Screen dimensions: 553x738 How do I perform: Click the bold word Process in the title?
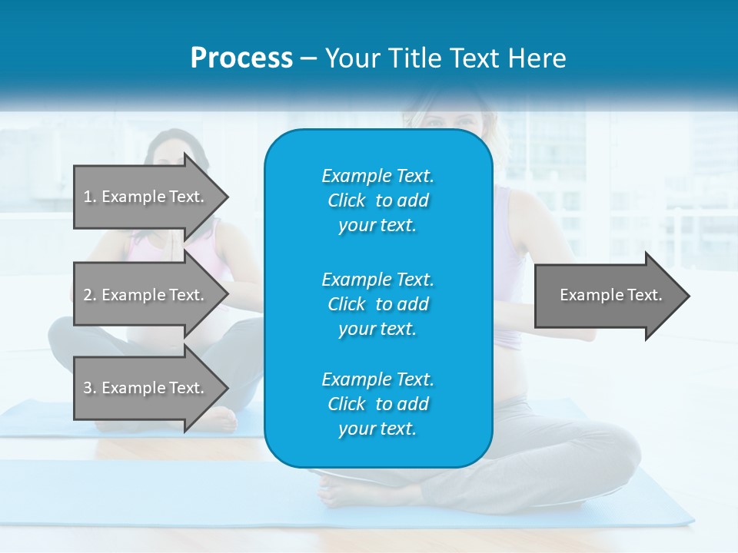tap(241, 58)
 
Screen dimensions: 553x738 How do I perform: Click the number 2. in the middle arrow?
tap(89, 295)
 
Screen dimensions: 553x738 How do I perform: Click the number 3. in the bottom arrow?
tap(89, 388)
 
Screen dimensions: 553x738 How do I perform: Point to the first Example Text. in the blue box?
tap(377, 176)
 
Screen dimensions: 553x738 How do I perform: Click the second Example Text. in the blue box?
tap(377, 279)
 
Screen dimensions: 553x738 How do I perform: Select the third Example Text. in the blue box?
tap(377, 379)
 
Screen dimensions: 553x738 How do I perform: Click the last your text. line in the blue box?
tap(377, 429)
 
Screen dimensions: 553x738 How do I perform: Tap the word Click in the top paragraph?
tap(347, 200)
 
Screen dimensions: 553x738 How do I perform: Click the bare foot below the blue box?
tap(338, 484)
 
